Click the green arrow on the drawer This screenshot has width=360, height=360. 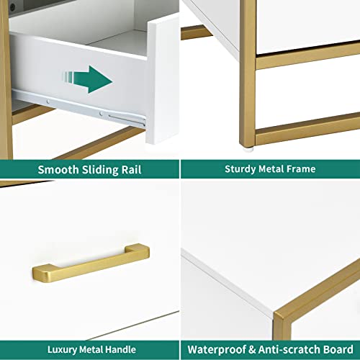pyautogui.click(x=89, y=79)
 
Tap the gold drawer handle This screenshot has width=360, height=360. pyautogui.click(x=91, y=263)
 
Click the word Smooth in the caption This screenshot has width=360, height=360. pyautogui.click(x=58, y=170)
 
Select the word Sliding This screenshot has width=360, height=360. pyautogui.click(x=100, y=170)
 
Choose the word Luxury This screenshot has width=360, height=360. pyautogui.click(x=63, y=350)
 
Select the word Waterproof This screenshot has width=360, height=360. pyautogui.click(x=217, y=350)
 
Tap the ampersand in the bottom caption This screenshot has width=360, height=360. pyautogui.click(x=252, y=350)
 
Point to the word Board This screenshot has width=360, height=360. pyautogui.click(x=338, y=349)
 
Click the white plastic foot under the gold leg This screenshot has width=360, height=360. pyautogui.click(x=248, y=149)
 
